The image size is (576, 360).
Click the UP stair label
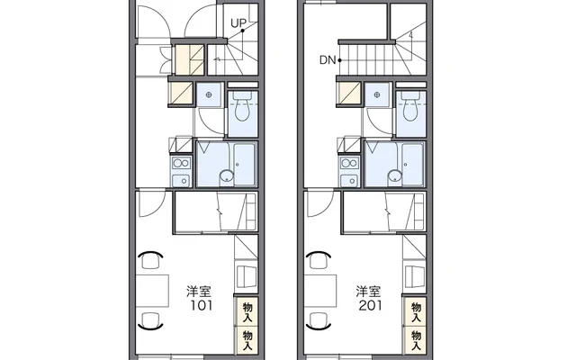click(238, 23)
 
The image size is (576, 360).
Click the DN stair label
click(328, 60)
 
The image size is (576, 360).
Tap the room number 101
click(201, 305)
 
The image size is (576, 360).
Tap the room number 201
click(370, 305)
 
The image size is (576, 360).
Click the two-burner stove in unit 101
click(182, 163)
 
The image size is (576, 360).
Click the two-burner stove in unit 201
click(349, 163)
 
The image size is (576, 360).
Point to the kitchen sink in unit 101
click(182, 180)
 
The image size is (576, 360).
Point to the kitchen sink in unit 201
click(349, 180)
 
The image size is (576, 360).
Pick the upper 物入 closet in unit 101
click(247, 312)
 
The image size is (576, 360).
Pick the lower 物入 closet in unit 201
click(416, 341)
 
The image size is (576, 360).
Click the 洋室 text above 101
click(199, 292)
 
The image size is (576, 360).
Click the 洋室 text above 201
click(368, 292)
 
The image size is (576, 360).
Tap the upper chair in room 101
click(150, 260)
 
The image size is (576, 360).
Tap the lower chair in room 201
click(319, 320)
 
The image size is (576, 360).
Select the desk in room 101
click(152, 291)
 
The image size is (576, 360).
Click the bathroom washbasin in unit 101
click(226, 176)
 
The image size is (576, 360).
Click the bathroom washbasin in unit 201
click(395, 176)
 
